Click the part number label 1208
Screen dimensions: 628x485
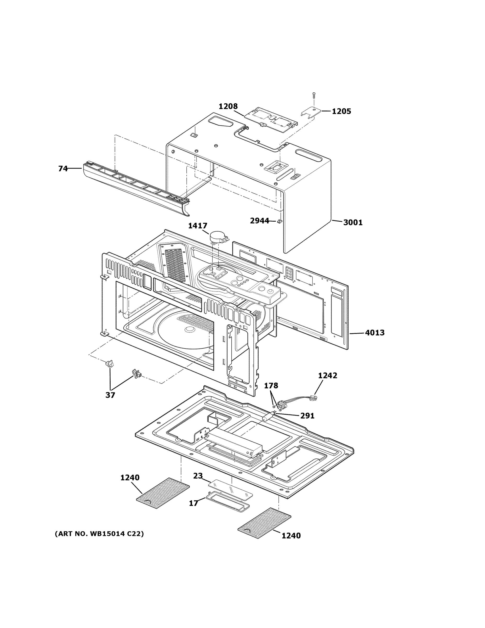(x=228, y=106)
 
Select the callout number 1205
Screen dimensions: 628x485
(x=341, y=111)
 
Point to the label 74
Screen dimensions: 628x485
(x=63, y=169)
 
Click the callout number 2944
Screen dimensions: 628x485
(x=259, y=221)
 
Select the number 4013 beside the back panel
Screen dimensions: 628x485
(x=375, y=333)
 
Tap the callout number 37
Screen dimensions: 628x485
(x=110, y=395)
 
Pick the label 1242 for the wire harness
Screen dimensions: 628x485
(x=328, y=375)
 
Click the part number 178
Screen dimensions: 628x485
(x=271, y=386)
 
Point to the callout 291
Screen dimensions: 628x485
(x=307, y=416)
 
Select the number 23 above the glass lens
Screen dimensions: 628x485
(x=198, y=476)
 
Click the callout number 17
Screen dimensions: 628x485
(x=193, y=503)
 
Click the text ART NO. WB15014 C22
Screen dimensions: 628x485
(x=99, y=534)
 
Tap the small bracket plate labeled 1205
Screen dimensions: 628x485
(x=311, y=111)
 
